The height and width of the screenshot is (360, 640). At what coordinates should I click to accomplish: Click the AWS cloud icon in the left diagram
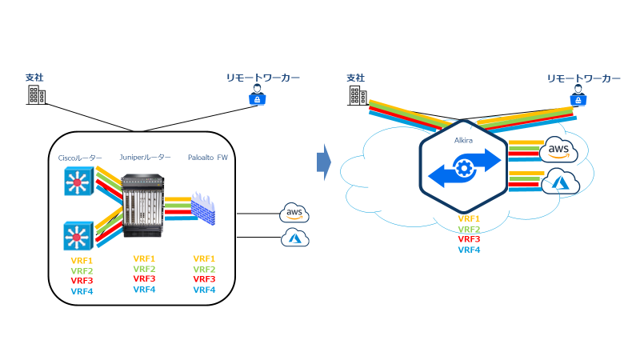294,214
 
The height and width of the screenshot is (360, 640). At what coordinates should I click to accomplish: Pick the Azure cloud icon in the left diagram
294,238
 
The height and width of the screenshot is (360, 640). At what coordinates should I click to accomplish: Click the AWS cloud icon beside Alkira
562,151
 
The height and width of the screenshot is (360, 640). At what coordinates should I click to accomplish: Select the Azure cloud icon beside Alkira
562,183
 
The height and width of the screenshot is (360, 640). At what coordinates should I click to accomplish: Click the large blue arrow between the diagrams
322,163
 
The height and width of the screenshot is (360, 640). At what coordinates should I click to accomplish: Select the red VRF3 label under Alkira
469,239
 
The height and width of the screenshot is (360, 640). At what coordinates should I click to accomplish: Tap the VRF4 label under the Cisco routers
82,291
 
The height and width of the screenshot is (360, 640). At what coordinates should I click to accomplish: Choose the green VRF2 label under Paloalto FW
205,270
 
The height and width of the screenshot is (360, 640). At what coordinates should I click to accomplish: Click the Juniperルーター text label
143,158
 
